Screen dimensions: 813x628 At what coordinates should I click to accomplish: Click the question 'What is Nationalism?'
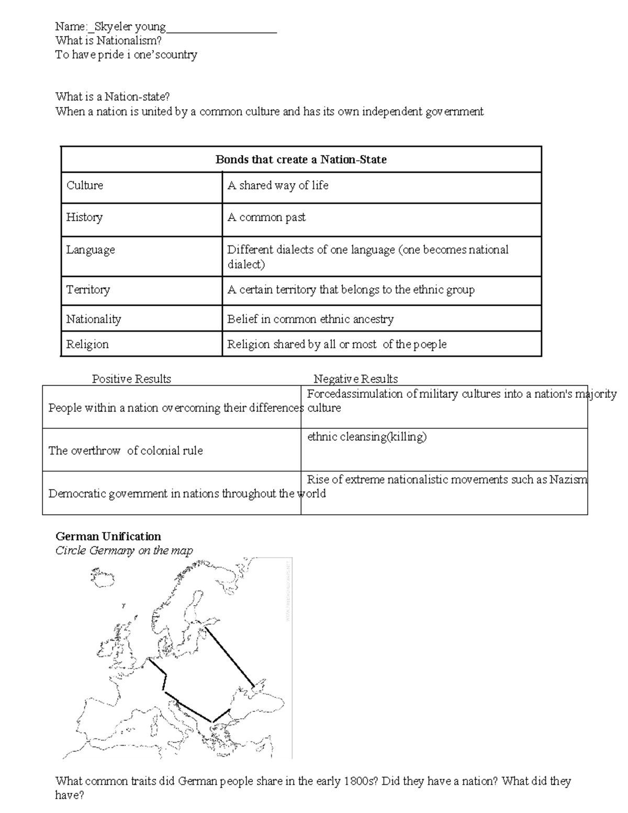(x=108, y=40)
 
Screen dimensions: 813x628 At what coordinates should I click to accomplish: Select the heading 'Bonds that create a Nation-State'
(x=301, y=160)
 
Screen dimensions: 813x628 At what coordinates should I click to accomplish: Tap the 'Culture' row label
(x=85, y=185)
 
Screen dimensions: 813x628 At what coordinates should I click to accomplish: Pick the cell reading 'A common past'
(x=266, y=217)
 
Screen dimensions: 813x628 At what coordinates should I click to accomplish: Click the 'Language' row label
(x=91, y=250)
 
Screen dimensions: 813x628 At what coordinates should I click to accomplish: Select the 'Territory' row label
(x=88, y=289)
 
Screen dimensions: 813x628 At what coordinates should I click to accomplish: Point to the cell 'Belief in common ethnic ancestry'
(x=310, y=319)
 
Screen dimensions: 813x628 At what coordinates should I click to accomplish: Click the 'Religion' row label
(x=87, y=344)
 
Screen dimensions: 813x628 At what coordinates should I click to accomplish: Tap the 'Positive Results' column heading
(x=131, y=378)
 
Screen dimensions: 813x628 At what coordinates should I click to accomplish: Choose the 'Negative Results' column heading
(x=355, y=378)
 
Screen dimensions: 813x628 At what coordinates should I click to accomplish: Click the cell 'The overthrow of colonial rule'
(x=126, y=450)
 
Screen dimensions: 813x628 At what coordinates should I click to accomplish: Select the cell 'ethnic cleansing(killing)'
(x=366, y=437)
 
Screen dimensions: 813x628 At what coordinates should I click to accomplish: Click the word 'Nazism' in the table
(x=568, y=479)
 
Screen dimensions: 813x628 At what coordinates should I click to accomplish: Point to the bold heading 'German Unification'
(x=108, y=536)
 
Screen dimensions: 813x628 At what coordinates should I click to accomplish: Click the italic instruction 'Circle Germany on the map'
(x=124, y=550)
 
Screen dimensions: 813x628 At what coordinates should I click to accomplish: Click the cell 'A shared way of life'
(x=278, y=185)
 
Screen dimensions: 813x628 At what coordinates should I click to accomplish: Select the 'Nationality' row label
(x=93, y=319)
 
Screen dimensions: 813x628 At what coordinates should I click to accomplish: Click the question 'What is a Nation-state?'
(x=113, y=96)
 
